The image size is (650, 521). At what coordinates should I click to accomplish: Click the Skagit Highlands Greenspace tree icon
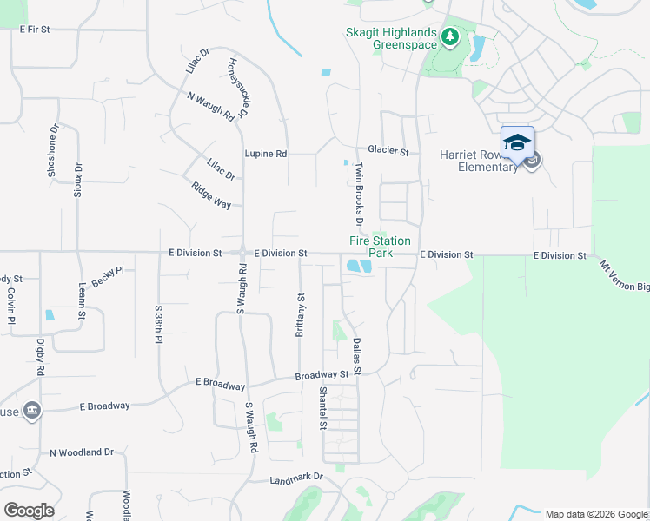449,36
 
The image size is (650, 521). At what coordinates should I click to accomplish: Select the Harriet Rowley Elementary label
479,161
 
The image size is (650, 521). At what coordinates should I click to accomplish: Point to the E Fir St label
36,30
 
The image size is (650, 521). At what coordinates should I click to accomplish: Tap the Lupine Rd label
265,154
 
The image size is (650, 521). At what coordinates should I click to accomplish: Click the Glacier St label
388,151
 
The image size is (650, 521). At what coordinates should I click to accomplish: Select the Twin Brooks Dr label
359,194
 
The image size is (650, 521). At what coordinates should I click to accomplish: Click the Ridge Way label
211,193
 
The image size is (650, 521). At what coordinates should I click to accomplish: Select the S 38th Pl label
159,325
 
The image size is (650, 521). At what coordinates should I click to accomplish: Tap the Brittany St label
301,314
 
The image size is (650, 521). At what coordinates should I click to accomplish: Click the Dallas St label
356,356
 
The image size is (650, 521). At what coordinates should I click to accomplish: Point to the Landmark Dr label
295,478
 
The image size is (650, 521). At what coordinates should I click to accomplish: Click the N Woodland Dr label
82,452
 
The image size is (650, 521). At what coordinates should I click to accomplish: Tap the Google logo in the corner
29,511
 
